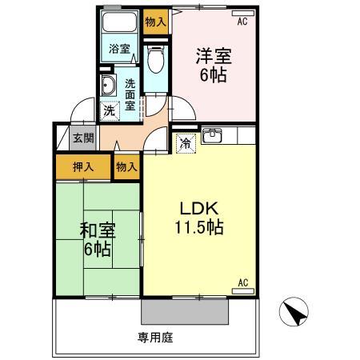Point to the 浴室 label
point(118,48)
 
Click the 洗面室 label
point(130,92)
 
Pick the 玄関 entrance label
point(83,138)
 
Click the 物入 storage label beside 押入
point(126,167)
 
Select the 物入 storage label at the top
point(155,22)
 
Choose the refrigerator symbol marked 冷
point(184,144)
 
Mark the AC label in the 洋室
point(243,22)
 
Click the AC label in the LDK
point(243,282)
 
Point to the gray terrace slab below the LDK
point(186,309)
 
